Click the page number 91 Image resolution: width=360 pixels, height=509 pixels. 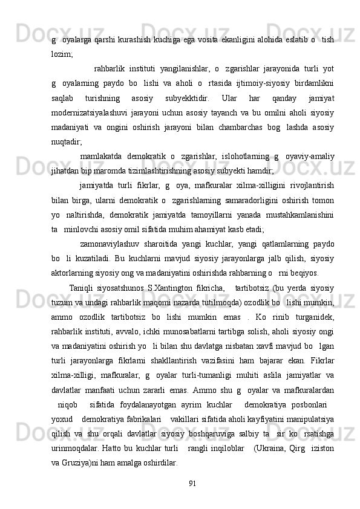coord(192,482)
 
